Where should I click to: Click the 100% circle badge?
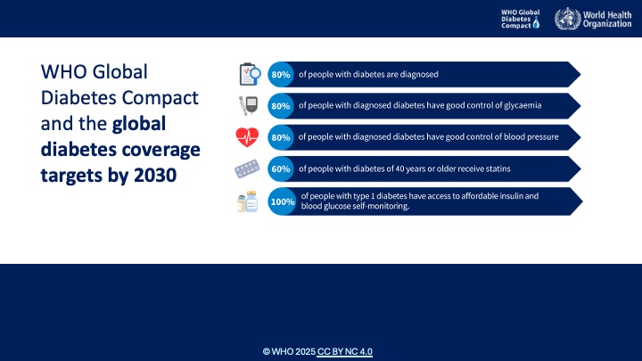pyautogui.click(x=283, y=201)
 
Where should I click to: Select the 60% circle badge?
pyautogui.click(x=281, y=168)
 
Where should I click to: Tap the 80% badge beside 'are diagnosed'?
pyautogui.click(x=281, y=75)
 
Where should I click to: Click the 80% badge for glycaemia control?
pyautogui.click(x=281, y=106)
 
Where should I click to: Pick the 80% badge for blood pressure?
pyautogui.click(x=281, y=137)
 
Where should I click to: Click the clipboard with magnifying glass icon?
pyautogui.click(x=249, y=74)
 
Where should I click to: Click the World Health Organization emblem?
pyautogui.click(x=565, y=19)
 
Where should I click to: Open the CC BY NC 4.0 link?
pyautogui.click(x=345, y=352)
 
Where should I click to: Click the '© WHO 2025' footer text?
pyautogui.click(x=289, y=352)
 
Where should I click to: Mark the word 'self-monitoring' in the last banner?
pyautogui.click(x=381, y=206)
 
